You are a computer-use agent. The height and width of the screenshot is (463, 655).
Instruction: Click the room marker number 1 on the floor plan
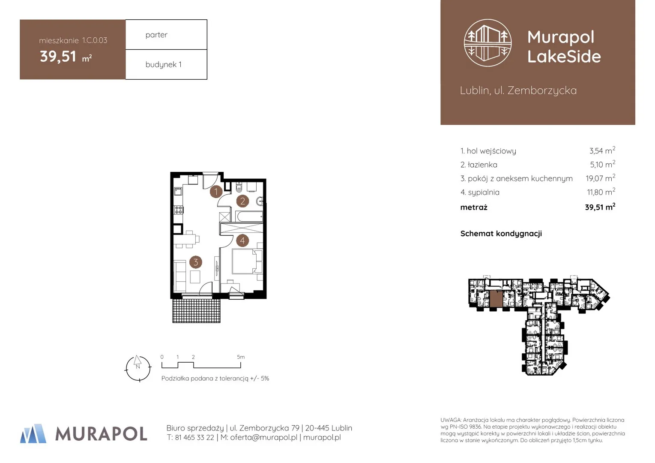point(216,192)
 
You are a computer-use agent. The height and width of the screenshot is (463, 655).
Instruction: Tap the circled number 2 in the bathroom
point(242,201)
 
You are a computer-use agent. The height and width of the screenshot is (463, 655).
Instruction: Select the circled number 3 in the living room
point(196,262)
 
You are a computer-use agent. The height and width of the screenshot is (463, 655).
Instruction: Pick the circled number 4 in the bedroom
point(242,241)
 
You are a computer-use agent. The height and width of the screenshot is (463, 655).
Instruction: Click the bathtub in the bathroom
point(249,217)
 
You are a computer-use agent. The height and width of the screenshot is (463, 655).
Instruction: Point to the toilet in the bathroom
point(239,187)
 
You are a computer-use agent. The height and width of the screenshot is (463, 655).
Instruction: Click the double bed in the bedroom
point(247,261)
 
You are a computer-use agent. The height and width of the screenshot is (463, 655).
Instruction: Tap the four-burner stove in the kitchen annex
point(179,210)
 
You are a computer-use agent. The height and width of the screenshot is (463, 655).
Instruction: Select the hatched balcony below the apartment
point(196,310)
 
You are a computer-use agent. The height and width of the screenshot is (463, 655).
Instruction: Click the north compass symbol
point(138,368)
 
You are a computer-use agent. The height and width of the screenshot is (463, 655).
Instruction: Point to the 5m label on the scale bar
point(241,357)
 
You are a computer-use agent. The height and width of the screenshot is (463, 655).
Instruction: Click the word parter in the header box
point(156,35)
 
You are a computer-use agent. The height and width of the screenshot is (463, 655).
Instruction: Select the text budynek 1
point(164,64)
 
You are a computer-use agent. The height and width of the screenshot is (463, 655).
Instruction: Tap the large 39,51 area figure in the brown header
point(58,57)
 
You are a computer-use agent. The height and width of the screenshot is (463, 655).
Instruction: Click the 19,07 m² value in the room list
point(600,178)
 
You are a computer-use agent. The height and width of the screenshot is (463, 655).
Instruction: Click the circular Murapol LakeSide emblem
point(488,43)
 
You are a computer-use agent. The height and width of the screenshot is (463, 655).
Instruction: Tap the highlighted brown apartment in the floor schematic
point(496,299)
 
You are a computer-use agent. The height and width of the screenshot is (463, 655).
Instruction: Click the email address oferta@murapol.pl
point(263,438)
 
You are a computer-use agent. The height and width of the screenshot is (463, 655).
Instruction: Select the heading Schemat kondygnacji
point(501,234)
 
